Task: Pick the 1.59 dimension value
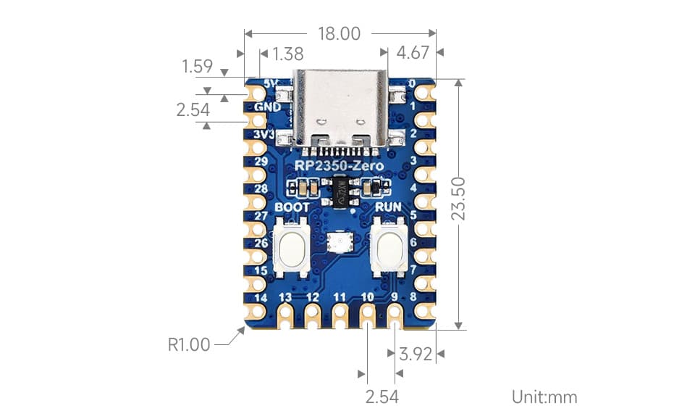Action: point(197,67)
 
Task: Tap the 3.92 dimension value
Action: point(416,354)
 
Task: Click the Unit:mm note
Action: point(544,397)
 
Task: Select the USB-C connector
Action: point(340,109)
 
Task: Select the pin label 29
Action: point(261,162)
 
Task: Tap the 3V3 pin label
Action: point(264,135)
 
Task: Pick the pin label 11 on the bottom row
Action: point(340,297)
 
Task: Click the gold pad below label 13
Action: point(285,315)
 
